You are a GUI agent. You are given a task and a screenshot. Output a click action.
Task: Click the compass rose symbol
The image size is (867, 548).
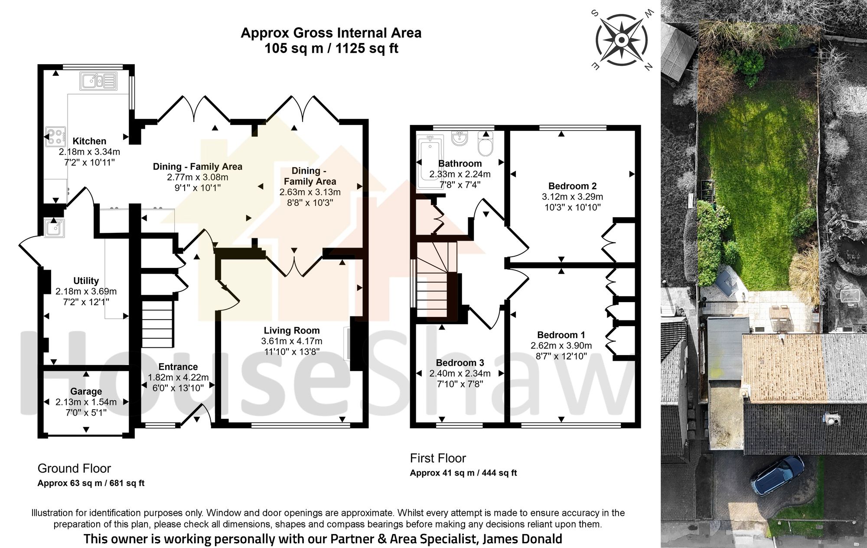(622, 40)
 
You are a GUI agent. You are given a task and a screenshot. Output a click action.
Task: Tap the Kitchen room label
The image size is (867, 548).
(89, 141)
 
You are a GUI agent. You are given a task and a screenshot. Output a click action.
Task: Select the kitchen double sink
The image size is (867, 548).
(98, 81)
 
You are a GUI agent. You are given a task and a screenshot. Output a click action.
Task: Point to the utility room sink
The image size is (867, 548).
(54, 227)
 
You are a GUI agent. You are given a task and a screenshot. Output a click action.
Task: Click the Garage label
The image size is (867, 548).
(86, 391)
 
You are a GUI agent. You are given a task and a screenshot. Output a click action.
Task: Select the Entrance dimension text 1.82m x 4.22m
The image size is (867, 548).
(178, 377)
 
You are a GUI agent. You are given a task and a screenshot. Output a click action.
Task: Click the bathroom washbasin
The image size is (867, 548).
(459, 138)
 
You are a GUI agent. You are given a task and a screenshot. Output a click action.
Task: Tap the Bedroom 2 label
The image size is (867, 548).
(572, 186)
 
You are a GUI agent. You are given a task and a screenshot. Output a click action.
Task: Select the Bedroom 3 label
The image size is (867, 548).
(460, 362)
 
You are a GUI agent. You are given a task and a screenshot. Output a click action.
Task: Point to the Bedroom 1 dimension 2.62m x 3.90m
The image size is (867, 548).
(561, 346)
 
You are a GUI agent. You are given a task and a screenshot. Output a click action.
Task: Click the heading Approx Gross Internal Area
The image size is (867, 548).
(331, 33)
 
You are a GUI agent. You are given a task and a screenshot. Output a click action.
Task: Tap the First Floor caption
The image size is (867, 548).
(438, 458)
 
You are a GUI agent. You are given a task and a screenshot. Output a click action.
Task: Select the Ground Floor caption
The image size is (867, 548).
(74, 468)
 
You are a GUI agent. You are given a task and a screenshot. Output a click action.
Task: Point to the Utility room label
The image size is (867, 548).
(86, 281)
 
